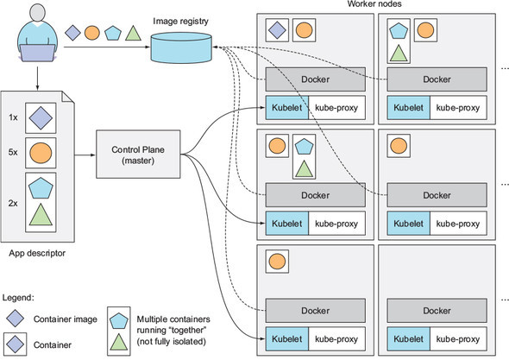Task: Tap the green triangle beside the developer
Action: click(132, 34)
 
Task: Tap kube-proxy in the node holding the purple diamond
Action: click(336, 109)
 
